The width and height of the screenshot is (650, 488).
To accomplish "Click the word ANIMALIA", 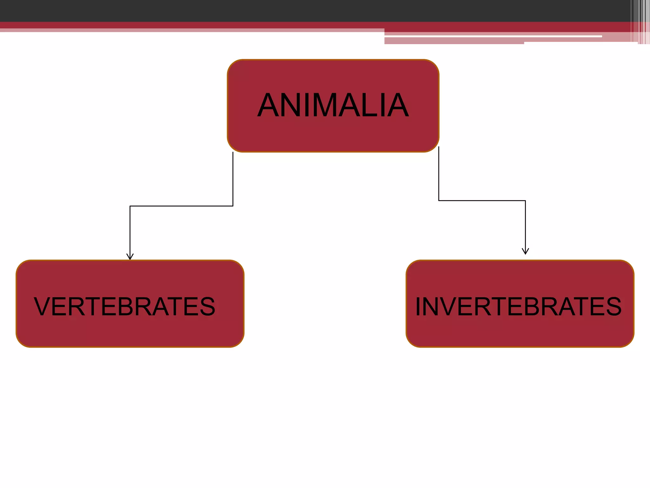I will (333, 105).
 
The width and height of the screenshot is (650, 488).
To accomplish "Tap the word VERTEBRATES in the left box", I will (124, 307).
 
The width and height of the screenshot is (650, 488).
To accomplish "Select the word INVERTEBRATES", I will (518, 307).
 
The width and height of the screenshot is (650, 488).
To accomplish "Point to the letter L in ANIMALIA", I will (368, 105).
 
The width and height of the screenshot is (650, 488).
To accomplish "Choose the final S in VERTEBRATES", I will (208, 307).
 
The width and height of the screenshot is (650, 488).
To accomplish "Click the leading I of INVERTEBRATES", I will (418, 307).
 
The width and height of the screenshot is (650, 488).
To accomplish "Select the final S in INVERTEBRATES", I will (614, 307).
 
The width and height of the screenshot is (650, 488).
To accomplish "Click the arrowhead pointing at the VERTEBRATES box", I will (130, 257).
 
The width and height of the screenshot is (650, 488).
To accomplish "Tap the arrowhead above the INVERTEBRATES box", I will (525, 251).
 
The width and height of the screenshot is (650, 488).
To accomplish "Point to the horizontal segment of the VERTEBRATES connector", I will (181, 206).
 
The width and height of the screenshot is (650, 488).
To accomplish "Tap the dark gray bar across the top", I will (286, 10).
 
